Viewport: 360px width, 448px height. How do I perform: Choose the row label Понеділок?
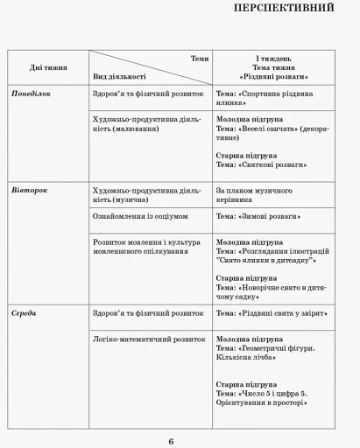[32, 92]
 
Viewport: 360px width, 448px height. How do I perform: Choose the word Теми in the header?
[200, 58]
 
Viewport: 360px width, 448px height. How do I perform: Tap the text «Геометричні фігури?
[276, 347]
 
